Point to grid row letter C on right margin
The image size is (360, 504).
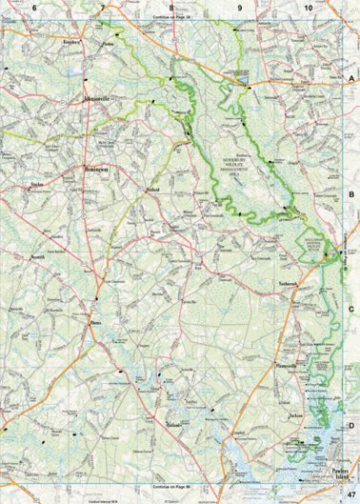click(352, 309)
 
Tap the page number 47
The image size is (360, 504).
click(351, 492)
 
